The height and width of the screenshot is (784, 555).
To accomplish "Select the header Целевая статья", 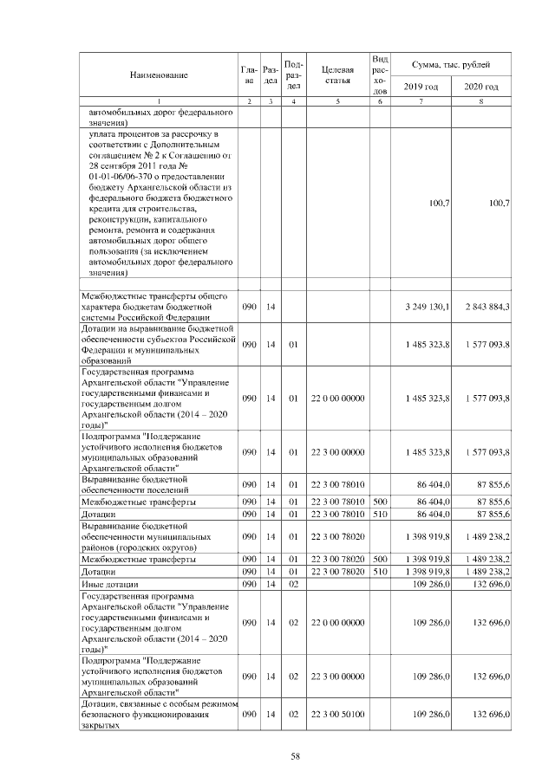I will coord(336,75).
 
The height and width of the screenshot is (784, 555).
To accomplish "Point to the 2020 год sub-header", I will coord(480,87).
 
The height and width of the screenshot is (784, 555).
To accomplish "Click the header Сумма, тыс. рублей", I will coord(451,65).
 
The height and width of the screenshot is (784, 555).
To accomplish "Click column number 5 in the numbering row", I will coord(336,103).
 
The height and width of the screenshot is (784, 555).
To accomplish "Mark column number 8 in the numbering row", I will coord(480,103).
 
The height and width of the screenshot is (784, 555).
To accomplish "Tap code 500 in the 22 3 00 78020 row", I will coord(379,560).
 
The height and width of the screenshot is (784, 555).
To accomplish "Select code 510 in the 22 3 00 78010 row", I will coord(379,515).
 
